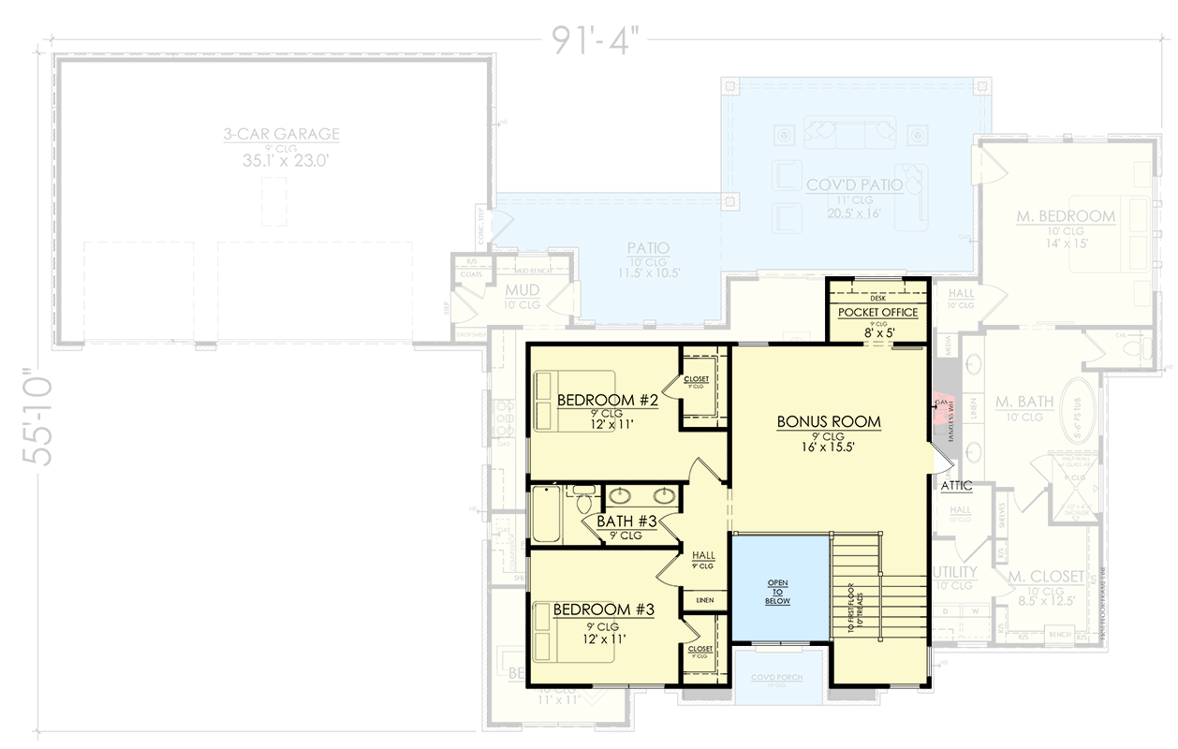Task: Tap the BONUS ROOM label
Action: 829,422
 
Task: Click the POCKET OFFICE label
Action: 877,312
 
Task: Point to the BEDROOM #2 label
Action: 609,401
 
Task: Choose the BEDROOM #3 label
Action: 603,609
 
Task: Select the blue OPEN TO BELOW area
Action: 778,589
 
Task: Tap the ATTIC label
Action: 956,485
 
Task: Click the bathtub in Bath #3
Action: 547,514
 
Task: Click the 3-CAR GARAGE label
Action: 281,135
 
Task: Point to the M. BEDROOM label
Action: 1066,216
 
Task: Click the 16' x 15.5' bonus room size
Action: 829,448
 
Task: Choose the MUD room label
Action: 523,290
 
